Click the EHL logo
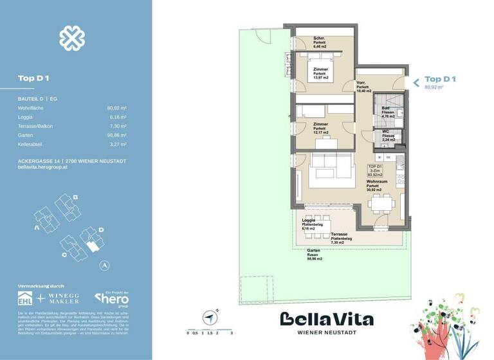click(x=26, y=298)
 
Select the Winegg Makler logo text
click(x=64, y=298)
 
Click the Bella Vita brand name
click(x=326, y=319)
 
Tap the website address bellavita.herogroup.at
click(x=44, y=166)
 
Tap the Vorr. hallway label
click(x=361, y=84)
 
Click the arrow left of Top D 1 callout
click(x=416, y=82)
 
